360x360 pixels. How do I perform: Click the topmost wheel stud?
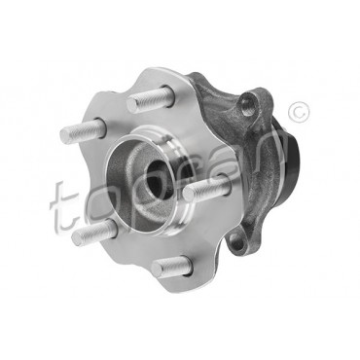pyautogui.click(x=150, y=98)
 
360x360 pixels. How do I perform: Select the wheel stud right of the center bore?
pyautogui.click(x=205, y=187)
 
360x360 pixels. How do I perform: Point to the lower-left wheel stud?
pyautogui.click(x=93, y=233)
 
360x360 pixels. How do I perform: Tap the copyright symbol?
pyautogui.click(x=299, y=113)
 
